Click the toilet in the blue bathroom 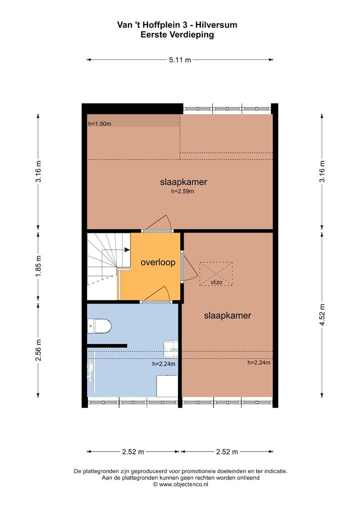[x=99, y=326]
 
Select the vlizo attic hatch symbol [x=216, y=274]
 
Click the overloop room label [x=158, y=262]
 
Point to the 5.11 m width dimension [x=180, y=59]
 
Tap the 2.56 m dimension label [x=38, y=349]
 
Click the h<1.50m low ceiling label [x=99, y=123]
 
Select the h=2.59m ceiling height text [x=183, y=191]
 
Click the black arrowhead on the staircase [x=127, y=249]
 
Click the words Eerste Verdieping [x=177, y=34]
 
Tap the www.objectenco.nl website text [x=183, y=484]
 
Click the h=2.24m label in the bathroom [x=163, y=364]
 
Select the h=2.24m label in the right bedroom [x=259, y=362]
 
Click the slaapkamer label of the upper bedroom [x=183, y=182]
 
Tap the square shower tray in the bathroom [x=167, y=386]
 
